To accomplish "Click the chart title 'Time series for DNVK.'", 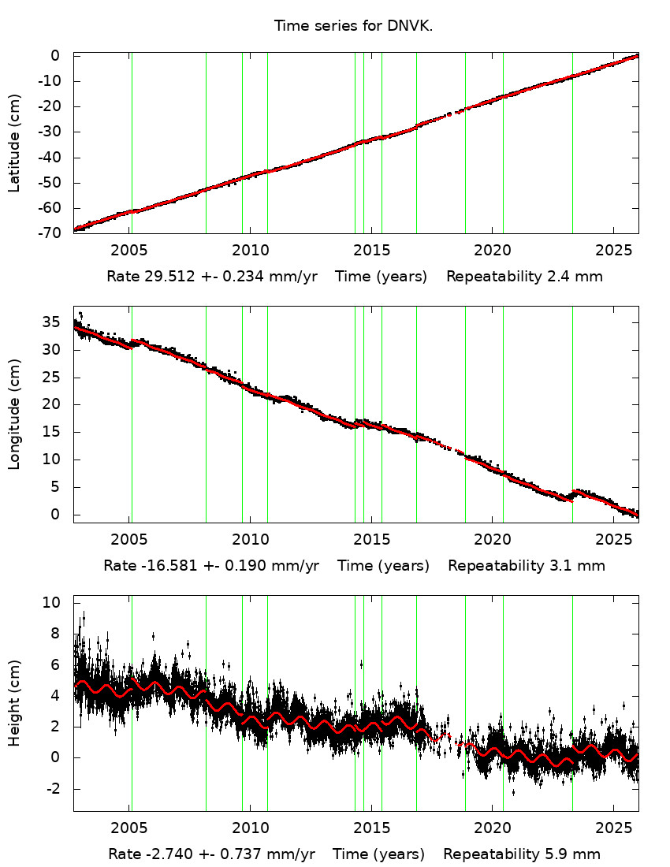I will click(353, 26).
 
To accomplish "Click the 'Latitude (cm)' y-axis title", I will click(14, 143).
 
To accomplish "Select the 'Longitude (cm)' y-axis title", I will click(14, 414).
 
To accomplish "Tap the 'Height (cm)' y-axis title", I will click(14, 703).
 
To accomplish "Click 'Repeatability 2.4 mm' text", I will click(525, 277).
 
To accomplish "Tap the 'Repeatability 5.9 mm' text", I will click(522, 854).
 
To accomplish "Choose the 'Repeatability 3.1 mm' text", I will click(527, 565).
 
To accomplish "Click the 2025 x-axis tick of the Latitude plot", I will click(614, 251).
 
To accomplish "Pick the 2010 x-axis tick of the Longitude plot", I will click(250, 540).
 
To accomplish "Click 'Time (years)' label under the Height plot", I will click(378, 854).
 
